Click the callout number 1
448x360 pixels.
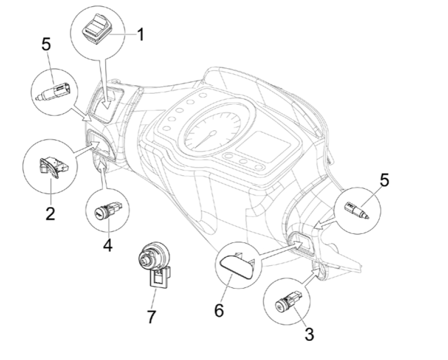140,37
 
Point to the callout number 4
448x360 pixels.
108,245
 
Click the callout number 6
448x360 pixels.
218,310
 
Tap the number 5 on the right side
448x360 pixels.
385,180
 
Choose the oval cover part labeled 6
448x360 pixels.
236,263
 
